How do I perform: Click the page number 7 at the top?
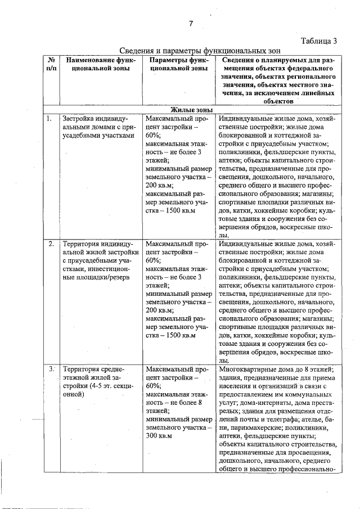click(191, 23)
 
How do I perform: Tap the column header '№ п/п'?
click(51, 64)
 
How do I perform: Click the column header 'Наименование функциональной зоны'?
click(98, 64)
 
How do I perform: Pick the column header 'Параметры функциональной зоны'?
click(176, 64)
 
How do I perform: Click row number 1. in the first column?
click(50, 119)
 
